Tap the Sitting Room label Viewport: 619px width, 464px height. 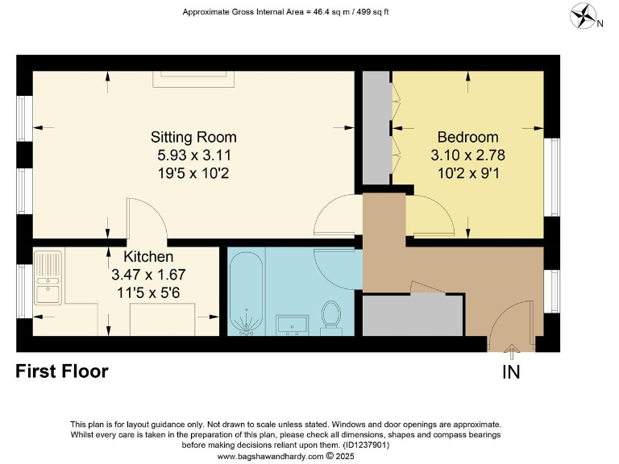[x=193, y=137]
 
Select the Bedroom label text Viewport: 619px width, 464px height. [x=467, y=137]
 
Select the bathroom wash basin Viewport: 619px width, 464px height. [x=290, y=324]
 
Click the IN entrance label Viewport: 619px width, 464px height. [x=511, y=372]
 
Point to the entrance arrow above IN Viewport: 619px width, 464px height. [x=511, y=352]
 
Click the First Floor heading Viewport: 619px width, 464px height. [x=62, y=371]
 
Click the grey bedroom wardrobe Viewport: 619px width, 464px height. [x=376, y=129]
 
